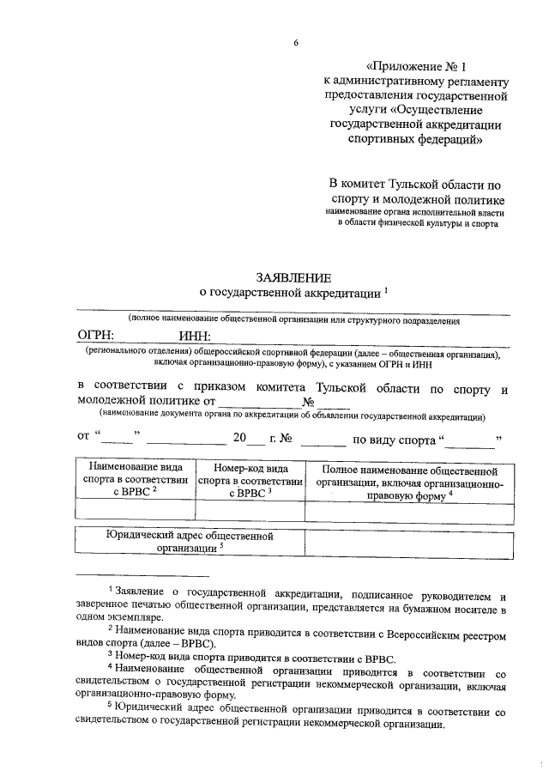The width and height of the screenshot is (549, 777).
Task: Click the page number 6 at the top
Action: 295,43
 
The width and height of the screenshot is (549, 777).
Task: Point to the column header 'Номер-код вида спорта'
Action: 250,482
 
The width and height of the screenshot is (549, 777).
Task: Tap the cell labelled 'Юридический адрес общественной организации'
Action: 190,542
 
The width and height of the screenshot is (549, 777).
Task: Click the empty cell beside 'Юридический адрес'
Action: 409,543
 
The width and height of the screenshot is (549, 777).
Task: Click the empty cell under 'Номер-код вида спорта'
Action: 250,512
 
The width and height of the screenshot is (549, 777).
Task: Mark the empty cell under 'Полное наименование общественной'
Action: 409,512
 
